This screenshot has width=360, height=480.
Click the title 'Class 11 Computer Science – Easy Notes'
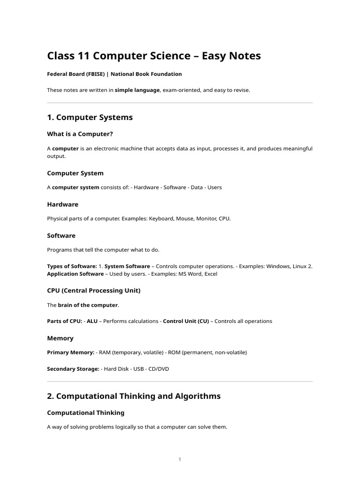click(154, 56)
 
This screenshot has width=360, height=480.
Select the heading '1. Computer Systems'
click(90, 117)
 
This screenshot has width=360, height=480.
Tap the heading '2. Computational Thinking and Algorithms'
click(134, 396)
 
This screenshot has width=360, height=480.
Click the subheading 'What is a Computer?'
click(80, 134)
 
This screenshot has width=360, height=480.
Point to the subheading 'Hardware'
click(63, 204)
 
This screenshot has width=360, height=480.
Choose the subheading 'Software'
click(61, 235)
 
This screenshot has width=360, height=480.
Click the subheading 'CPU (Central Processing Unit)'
click(94, 291)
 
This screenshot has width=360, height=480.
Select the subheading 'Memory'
click(60, 338)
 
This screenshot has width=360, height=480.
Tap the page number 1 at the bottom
click(180, 459)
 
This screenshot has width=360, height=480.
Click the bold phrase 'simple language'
click(137, 90)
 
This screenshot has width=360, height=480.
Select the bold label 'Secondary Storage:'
click(73, 369)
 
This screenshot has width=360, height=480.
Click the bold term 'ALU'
click(92, 321)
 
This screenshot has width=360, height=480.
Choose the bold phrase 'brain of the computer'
click(88, 305)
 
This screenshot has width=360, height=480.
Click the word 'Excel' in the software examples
click(210, 274)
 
